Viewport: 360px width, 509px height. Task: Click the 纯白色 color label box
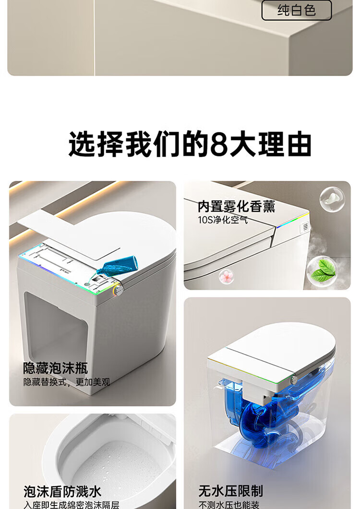[296, 11]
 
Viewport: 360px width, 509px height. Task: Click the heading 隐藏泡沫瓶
[56, 368]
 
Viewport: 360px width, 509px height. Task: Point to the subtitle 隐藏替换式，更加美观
[67, 382]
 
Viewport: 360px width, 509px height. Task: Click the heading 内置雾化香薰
[237, 206]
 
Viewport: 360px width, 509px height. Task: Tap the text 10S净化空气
[223, 220]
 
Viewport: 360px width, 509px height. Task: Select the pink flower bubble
[227, 277]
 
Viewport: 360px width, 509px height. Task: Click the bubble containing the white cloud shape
[332, 199]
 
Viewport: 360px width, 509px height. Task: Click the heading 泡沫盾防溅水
[62, 491]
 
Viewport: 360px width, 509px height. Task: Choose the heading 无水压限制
[231, 491]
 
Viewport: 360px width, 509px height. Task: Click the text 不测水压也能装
[229, 505]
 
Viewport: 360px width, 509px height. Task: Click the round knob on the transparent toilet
[294, 379]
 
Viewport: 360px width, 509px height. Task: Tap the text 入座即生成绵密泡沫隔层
[71, 505]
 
